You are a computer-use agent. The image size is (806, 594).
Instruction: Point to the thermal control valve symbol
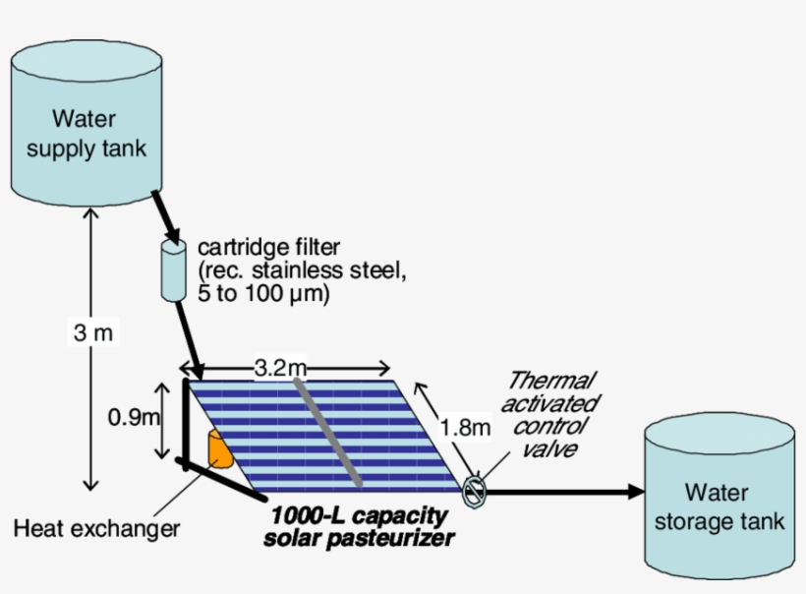tap(474, 490)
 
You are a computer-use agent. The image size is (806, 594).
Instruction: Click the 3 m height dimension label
tap(93, 333)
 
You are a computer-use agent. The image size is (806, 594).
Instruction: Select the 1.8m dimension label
tap(464, 427)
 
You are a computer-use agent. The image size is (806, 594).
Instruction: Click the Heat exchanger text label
tap(96, 529)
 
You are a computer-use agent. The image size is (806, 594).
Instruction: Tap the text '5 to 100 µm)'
tap(263, 293)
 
